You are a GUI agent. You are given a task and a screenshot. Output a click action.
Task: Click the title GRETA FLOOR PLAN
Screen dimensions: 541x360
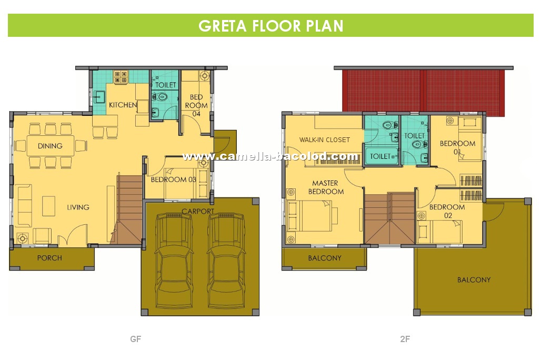271,26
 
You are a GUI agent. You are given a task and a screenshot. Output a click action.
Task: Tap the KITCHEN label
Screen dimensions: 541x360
123,105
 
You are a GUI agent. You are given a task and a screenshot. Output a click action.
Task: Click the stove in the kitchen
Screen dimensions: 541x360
121,77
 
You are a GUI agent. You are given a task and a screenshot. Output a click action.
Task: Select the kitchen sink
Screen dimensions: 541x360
99,97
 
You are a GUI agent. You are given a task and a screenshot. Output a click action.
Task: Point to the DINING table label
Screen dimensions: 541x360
50,146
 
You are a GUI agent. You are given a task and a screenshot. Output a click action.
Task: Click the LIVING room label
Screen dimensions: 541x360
78,207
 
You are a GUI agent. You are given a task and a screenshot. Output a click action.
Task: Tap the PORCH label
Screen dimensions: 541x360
49,258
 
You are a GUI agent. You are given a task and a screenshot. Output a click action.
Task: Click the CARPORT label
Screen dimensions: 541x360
198,211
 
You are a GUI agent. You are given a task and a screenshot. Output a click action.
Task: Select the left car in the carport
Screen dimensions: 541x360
174,261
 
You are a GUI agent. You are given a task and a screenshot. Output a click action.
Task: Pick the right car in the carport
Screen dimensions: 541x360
226,261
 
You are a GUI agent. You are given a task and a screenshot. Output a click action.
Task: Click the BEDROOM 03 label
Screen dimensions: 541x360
173,179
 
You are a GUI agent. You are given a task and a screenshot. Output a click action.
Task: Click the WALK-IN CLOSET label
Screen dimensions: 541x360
324,140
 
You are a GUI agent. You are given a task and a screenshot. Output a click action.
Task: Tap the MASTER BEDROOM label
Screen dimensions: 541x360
326,187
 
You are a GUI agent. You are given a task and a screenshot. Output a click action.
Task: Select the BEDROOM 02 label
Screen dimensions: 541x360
447,211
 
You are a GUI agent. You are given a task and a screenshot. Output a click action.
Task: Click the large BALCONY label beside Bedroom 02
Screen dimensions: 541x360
474,280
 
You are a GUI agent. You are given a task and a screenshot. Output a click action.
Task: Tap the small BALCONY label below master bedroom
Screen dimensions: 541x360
325,258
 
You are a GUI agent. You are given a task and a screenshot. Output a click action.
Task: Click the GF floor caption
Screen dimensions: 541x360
136,339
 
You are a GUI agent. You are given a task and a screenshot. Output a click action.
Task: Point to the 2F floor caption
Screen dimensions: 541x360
405,339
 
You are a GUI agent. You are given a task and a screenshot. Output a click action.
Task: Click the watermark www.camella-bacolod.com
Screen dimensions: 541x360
270,157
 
